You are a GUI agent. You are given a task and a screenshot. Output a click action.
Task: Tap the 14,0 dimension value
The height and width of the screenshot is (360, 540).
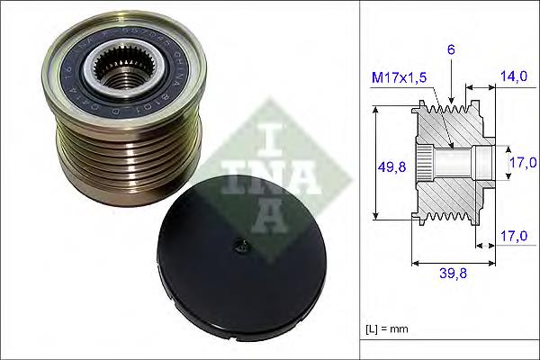pos(516,77)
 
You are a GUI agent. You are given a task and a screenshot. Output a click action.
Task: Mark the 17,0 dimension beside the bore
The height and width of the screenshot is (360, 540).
pos(522,163)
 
